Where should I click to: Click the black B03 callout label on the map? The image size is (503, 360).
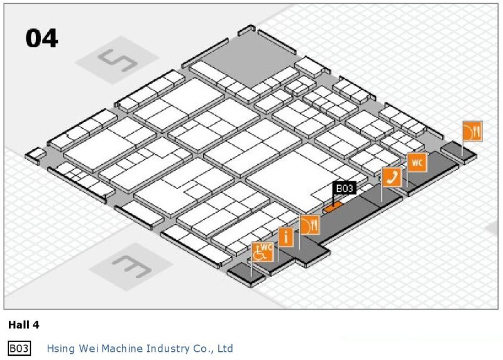[345, 188]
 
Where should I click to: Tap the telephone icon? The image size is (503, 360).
[392, 177]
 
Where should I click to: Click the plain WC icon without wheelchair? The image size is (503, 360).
[417, 162]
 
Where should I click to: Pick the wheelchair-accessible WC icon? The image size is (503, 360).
[263, 252]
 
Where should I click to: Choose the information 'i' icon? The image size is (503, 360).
[286, 237]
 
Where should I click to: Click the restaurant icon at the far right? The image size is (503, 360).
[472, 131]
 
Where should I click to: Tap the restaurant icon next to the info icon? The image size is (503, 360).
[310, 225]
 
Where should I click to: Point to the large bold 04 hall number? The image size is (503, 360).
[41, 39]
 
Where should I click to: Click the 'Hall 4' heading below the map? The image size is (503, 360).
[23, 325]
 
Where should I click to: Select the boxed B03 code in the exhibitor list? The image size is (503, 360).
[19, 348]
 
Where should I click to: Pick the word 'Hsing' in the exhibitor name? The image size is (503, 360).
[60, 348]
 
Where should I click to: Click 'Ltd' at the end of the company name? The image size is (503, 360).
[225, 348]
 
